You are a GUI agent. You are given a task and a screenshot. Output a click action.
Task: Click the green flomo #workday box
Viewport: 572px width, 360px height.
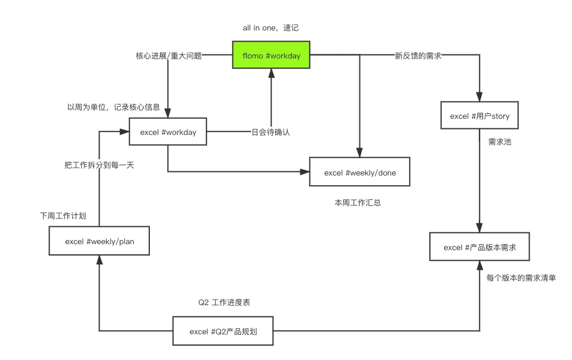pos(271,56)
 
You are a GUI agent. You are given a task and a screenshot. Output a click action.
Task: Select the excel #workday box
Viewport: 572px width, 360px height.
pos(168,132)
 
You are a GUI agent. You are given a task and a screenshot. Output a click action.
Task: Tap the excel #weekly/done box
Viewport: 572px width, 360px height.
pos(359,173)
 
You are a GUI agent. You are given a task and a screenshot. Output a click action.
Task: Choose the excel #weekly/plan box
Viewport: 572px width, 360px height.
pos(99,242)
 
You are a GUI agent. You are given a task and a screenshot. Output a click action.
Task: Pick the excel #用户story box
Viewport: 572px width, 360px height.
pos(480,116)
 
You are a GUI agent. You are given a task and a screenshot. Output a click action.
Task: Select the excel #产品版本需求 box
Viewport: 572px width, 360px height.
pos(480,247)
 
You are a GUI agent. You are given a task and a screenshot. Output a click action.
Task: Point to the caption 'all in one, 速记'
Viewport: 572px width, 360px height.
pos(270,28)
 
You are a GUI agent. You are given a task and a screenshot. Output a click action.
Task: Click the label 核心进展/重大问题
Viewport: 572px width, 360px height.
pos(169,56)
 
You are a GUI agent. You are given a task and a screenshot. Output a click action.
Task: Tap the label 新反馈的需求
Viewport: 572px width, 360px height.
pos(418,56)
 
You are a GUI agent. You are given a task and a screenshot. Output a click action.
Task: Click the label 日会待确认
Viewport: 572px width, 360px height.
pos(270,132)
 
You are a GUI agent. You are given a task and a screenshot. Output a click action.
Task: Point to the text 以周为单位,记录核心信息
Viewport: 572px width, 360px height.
pos(113,107)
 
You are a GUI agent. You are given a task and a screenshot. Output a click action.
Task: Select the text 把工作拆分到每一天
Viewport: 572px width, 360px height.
pos(99,165)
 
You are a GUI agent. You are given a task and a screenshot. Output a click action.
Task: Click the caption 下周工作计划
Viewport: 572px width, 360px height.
pos(63,216)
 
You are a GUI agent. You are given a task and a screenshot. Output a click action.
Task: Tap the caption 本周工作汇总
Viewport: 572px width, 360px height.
pos(358,203)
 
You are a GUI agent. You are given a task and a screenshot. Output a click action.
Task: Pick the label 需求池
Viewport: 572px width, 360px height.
pos(497,142)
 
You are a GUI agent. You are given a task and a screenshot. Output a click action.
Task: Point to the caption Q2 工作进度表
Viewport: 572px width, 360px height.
pos(224,303)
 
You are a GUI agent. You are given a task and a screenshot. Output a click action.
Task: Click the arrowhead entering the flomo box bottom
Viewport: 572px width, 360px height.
pos(271,72)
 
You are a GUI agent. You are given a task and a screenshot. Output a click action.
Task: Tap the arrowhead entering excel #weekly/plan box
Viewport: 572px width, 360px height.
pos(99,260)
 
